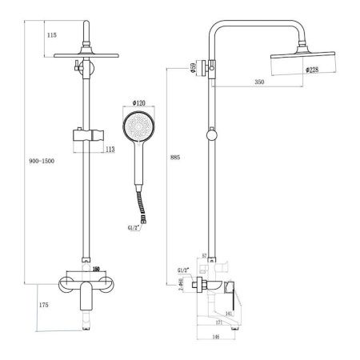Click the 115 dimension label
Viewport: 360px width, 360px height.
coord(52,35)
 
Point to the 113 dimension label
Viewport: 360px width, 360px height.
coord(110,148)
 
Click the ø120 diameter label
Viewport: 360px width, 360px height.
coord(136,104)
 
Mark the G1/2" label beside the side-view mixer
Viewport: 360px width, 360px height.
coord(183,271)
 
